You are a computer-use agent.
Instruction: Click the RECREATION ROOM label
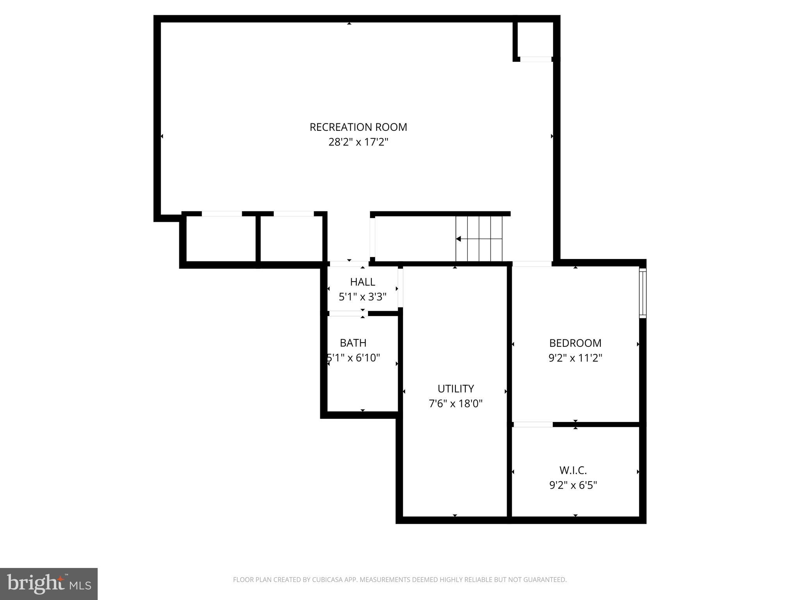pyautogui.click(x=358, y=127)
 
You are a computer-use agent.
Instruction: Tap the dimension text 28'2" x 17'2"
pyautogui.click(x=358, y=142)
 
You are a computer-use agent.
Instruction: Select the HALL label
pyautogui.click(x=362, y=282)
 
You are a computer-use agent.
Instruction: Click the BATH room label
pyautogui.click(x=353, y=343)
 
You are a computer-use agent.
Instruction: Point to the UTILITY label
pyautogui.click(x=455, y=389)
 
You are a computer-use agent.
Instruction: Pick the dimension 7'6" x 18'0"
pyautogui.click(x=455, y=404)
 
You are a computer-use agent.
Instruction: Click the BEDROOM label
pyautogui.click(x=575, y=343)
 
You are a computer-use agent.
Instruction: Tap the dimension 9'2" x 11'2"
pyautogui.click(x=575, y=358)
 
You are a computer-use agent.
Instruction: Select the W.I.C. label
pyautogui.click(x=573, y=470)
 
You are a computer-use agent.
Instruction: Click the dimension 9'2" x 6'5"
pyautogui.click(x=573, y=485)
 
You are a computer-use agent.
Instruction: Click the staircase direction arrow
pyautogui.click(x=459, y=239)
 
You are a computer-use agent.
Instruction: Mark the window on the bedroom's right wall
pyautogui.click(x=643, y=293)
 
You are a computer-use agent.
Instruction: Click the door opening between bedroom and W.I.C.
pyautogui.click(x=533, y=424)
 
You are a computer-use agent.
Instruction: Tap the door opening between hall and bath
pyautogui.click(x=346, y=313)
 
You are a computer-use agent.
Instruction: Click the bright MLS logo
pyautogui.click(x=49, y=584)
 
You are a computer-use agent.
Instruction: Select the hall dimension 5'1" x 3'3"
pyautogui.click(x=362, y=297)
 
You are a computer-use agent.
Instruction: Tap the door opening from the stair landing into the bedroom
pyautogui.click(x=532, y=264)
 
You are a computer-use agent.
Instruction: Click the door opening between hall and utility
pyautogui.click(x=400, y=287)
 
